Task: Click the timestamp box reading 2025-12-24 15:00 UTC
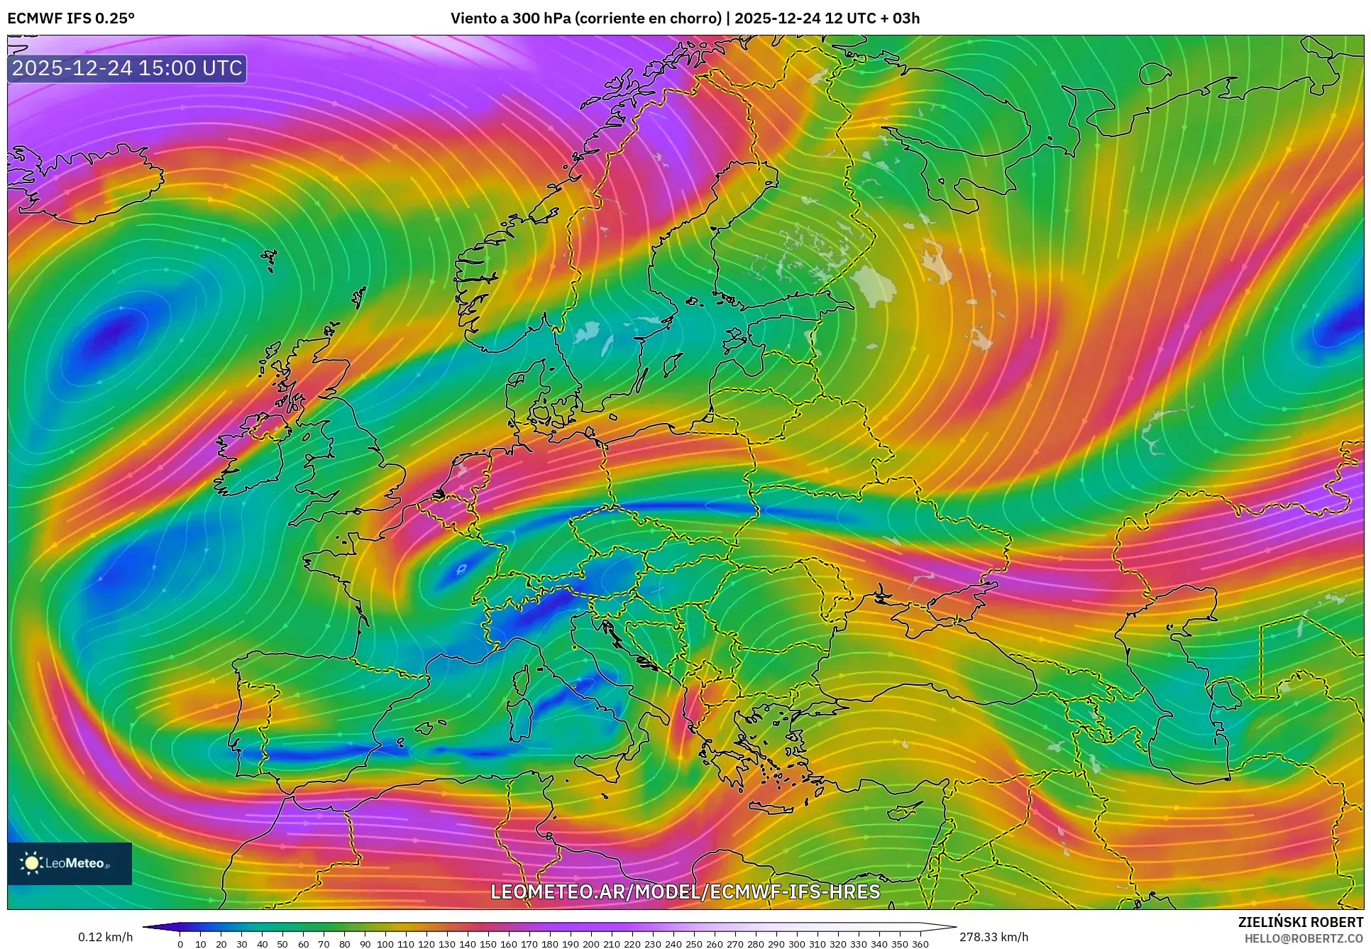click(128, 68)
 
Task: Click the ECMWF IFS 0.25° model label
click(70, 18)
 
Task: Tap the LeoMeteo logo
click(70, 863)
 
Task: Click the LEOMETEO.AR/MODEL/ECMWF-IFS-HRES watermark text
click(685, 892)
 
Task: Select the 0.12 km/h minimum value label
click(105, 937)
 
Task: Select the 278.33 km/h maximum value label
click(993, 937)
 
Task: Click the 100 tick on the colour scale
click(385, 944)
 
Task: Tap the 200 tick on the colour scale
click(590, 944)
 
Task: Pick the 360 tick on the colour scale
click(920, 944)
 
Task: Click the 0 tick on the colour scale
click(180, 944)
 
